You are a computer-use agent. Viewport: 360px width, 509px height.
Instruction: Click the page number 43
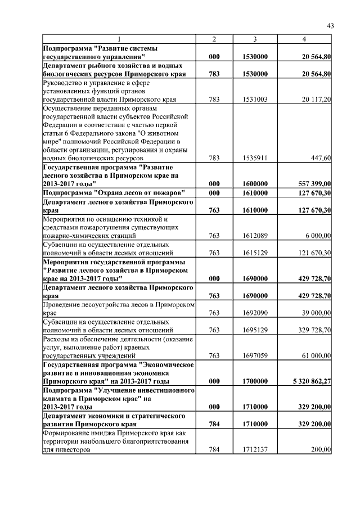point(331,25)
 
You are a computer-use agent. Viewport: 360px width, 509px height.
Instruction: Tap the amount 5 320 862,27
point(308,381)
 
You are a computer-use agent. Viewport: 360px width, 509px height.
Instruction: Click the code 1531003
point(255,100)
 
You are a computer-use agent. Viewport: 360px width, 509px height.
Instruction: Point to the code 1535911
point(255,159)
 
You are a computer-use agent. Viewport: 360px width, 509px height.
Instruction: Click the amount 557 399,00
point(312,183)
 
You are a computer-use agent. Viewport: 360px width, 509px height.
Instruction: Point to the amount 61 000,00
point(315,355)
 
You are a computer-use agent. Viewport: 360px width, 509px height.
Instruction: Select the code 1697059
point(255,355)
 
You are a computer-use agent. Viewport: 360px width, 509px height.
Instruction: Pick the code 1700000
point(255,381)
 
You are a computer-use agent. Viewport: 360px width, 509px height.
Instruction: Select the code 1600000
point(255,183)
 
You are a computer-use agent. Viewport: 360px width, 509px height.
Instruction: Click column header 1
point(119,39)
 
